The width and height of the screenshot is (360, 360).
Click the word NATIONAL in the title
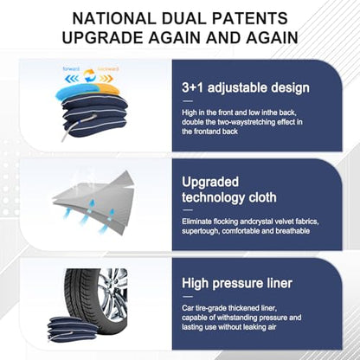(x=114, y=18)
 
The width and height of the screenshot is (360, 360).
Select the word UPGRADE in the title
(x=103, y=37)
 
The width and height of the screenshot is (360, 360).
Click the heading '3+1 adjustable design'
(x=246, y=87)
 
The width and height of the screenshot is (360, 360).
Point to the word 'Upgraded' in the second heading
(x=210, y=182)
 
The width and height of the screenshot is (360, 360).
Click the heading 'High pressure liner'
(x=237, y=283)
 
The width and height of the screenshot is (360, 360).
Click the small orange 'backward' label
(x=108, y=69)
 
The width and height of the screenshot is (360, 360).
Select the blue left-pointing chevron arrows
(x=72, y=79)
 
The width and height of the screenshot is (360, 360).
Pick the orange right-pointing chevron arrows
(x=105, y=79)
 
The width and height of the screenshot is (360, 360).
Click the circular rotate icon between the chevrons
(x=89, y=76)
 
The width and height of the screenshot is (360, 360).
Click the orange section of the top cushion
(x=107, y=89)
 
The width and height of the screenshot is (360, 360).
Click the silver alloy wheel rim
(x=114, y=293)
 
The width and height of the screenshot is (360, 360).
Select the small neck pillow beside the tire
(x=72, y=329)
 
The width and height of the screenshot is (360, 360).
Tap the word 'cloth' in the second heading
(x=262, y=197)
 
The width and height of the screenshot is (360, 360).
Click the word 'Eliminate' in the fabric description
(x=196, y=222)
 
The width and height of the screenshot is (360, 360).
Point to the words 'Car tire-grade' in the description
(x=204, y=308)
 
